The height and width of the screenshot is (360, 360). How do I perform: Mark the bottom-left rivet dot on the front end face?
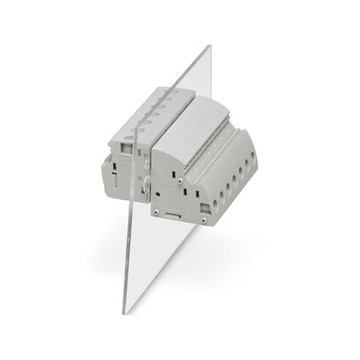(155, 212)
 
